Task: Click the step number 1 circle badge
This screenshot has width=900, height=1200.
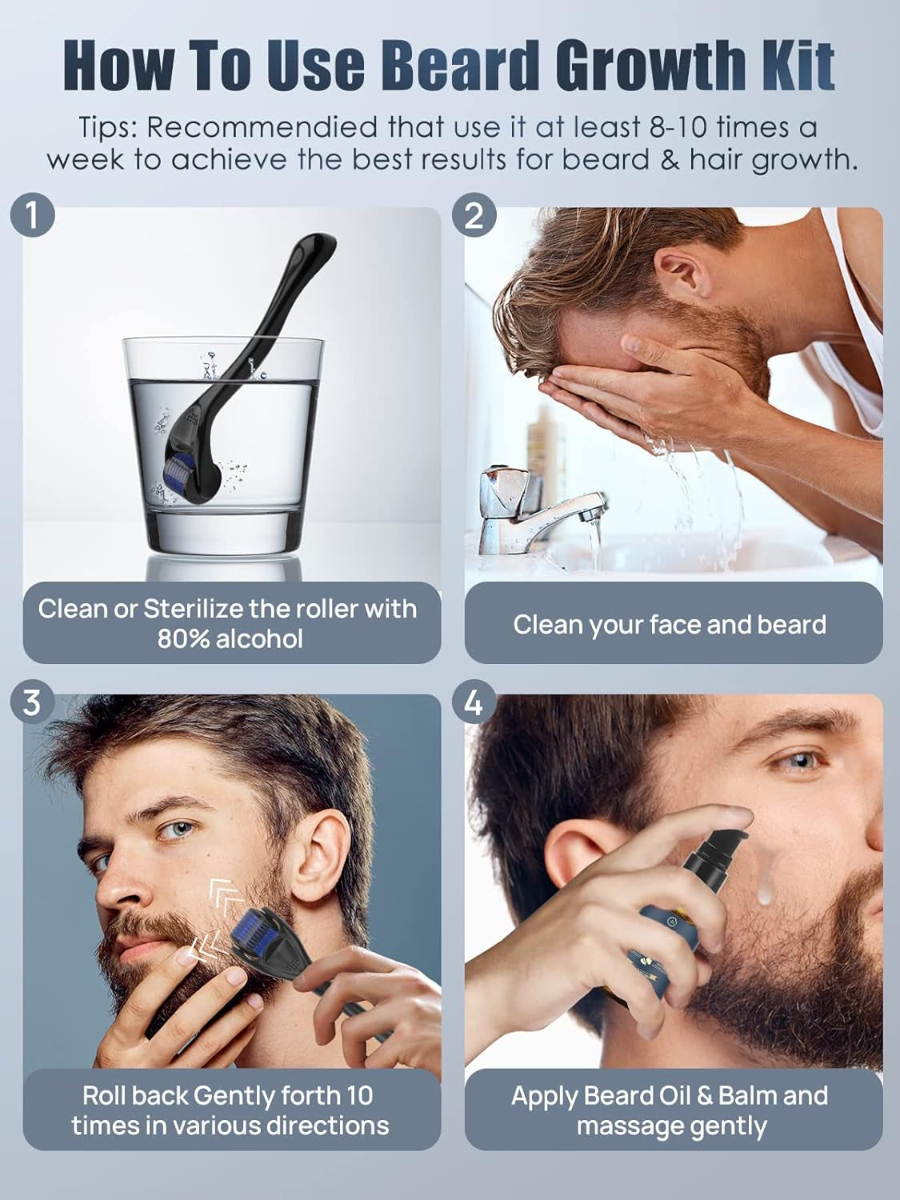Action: point(32,217)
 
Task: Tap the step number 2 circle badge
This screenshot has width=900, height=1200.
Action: point(474,217)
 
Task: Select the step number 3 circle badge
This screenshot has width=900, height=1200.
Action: point(32,703)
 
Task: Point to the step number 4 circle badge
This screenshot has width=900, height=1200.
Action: point(474,703)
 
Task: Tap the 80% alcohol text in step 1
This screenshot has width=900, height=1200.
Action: point(230,638)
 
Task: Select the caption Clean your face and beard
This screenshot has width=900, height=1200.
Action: point(670,625)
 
